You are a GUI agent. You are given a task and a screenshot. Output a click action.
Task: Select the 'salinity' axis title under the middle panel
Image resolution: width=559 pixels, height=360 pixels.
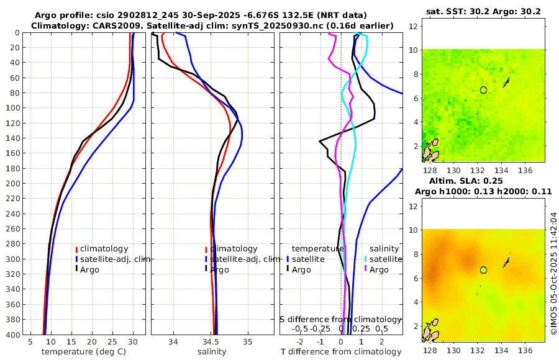212,352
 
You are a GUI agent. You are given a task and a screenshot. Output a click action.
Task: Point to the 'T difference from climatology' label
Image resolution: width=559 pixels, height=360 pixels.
342,352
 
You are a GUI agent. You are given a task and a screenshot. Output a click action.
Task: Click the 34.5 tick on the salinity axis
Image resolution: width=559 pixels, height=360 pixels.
211,341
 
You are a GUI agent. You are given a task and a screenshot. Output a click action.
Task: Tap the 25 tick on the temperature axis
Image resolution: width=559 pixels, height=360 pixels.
112,341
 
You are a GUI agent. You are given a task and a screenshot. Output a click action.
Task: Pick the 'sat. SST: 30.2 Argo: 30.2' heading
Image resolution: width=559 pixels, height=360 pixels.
484,11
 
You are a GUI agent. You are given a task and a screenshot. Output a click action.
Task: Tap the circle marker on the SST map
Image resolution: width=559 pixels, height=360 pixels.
483,90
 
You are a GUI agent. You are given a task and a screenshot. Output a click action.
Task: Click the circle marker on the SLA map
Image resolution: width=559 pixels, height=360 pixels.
483,270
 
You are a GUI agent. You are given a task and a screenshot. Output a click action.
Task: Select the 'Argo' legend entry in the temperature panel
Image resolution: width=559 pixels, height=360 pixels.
91,269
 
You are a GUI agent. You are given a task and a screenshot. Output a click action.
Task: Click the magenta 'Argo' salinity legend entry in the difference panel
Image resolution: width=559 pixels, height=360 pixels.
378,269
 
